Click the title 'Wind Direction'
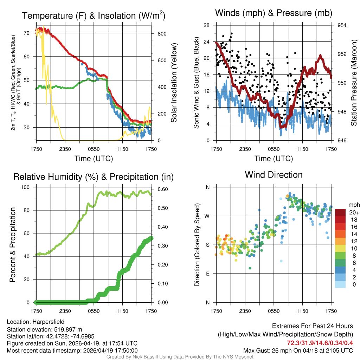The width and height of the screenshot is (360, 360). (x=274, y=175)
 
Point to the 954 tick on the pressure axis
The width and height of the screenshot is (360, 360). (x=342, y=25)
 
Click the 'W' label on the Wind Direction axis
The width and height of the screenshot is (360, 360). (x=207, y=216)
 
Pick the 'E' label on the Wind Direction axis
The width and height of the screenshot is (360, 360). (x=208, y=274)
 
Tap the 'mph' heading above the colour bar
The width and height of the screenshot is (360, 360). (x=353, y=205)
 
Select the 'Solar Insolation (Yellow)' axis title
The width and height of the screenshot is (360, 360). (x=174, y=83)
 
